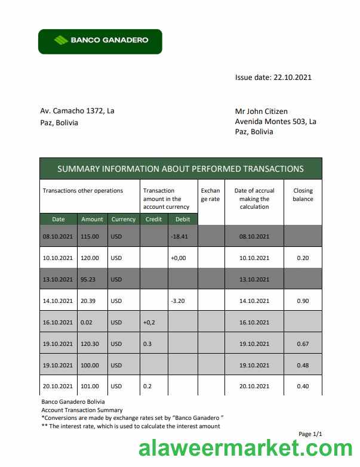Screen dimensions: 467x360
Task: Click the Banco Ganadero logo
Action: click(100, 41)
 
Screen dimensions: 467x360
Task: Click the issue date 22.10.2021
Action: click(292, 77)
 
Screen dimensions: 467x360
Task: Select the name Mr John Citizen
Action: click(261, 111)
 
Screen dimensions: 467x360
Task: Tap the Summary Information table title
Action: click(180, 169)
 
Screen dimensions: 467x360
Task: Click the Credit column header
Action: click(153, 219)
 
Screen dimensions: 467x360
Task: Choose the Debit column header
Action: click(183, 219)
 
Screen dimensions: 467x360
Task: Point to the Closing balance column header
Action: click(303, 194)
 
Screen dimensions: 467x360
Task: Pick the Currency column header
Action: click(124, 219)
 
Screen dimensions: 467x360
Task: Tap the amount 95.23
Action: click(88, 279)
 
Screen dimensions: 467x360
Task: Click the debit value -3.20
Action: click(177, 301)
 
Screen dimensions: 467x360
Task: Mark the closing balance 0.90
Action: click(303, 301)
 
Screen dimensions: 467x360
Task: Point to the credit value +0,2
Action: click(149, 322)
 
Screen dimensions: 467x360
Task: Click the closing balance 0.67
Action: click(303, 344)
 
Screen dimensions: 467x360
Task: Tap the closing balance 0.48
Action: click(303, 365)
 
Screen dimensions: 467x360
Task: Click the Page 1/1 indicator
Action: click(310, 434)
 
